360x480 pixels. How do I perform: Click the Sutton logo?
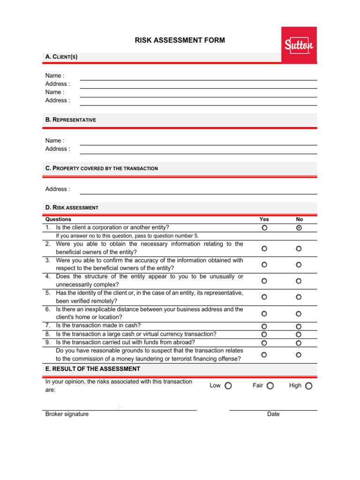[299, 45]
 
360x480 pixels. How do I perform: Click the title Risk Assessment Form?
[180, 40]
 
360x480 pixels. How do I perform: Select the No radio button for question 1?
[299, 228]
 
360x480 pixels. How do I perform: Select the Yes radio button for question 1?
[264, 228]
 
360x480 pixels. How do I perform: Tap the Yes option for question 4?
[264, 281]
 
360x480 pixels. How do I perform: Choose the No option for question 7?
[299, 326]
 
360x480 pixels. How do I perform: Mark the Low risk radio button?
[228, 386]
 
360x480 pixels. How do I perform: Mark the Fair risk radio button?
[270, 386]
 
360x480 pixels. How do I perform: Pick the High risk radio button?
[308, 386]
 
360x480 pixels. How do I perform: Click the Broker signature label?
[67, 414]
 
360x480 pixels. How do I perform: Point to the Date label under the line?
[273, 414]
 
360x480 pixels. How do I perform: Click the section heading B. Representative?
[71, 120]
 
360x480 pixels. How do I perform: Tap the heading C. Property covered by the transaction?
[102, 168]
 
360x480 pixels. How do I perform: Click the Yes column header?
[264, 219]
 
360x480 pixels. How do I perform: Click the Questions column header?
[59, 219]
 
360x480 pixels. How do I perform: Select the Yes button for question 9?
[264, 343]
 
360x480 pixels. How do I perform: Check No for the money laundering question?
[299, 355]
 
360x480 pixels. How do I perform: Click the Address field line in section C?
[198, 190]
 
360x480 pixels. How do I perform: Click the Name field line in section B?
[198, 141]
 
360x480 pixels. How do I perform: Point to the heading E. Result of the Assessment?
[93, 369]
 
